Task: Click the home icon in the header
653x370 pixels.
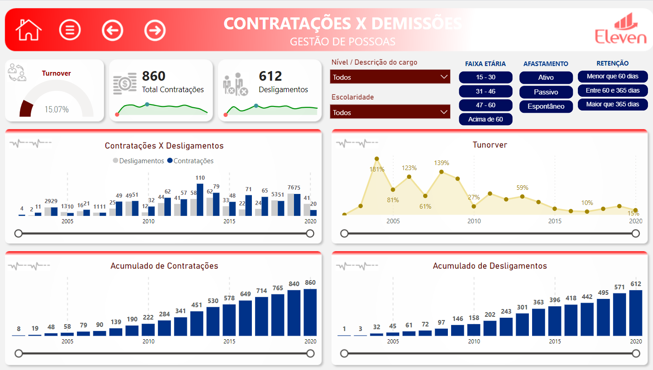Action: (28, 30)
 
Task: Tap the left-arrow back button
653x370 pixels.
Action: (113, 30)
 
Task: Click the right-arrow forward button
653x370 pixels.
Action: (155, 30)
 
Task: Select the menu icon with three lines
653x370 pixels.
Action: (70, 30)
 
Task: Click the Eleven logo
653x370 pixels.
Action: (620, 30)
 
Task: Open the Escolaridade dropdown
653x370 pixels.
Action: (390, 112)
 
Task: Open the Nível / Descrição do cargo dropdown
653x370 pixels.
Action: (390, 77)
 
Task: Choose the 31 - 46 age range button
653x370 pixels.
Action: (485, 91)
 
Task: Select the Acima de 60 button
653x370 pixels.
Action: (485, 119)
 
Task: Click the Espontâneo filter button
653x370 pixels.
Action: (546, 106)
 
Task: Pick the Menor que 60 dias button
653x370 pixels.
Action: (613, 76)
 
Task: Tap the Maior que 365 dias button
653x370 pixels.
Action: (613, 104)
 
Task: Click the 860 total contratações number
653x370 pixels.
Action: (154, 76)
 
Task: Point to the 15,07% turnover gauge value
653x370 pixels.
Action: (57, 110)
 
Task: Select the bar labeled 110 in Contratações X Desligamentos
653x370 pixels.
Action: (200, 200)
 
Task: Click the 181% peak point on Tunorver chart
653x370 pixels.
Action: (377, 159)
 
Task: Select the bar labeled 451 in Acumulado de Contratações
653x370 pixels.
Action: (196, 324)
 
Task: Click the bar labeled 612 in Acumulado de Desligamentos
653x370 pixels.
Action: (636, 313)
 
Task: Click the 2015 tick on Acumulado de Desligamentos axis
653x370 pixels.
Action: (555, 342)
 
